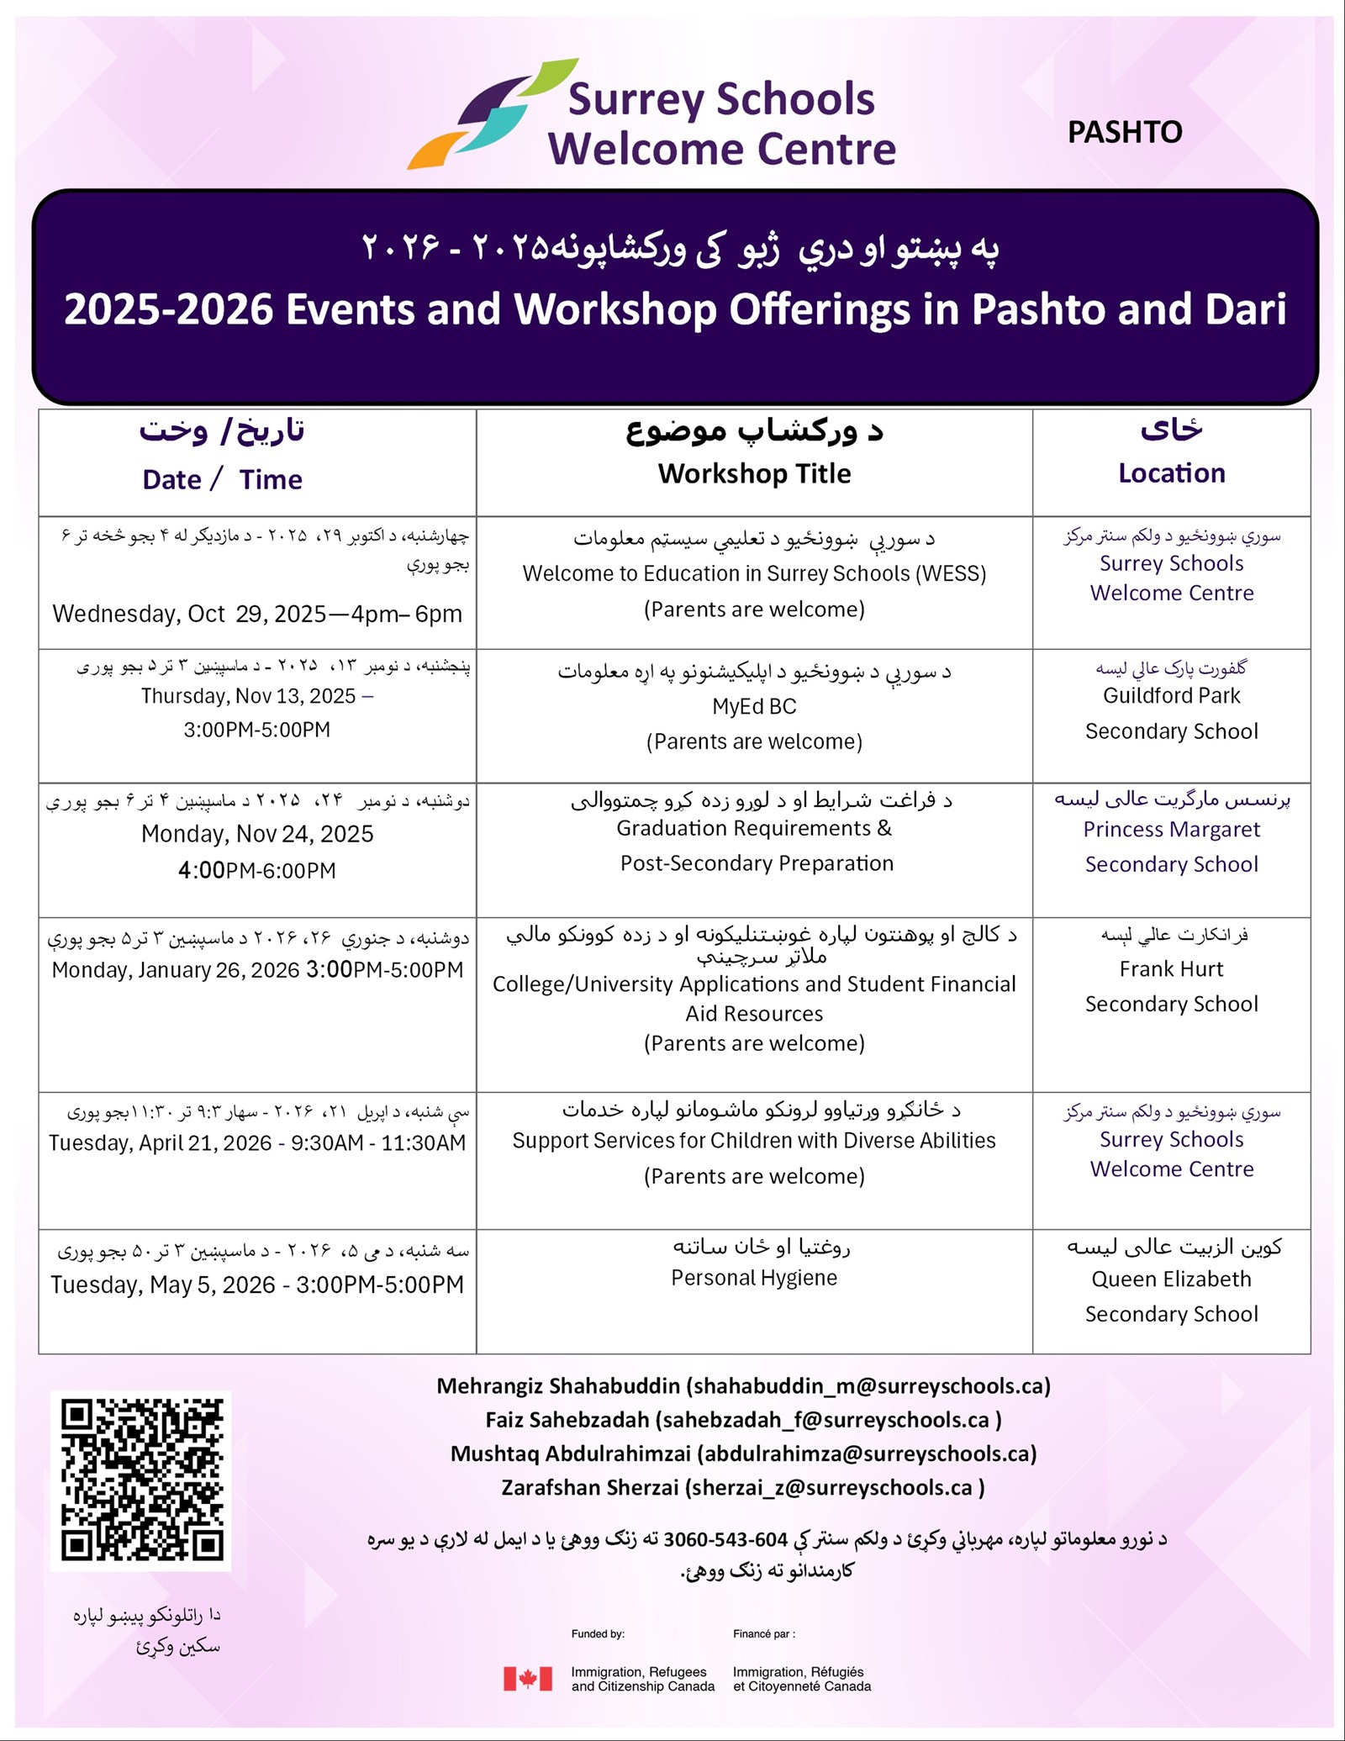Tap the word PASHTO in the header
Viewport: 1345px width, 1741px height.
tap(1124, 132)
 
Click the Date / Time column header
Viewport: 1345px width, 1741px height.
tap(222, 479)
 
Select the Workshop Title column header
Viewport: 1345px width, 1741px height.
tap(754, 474)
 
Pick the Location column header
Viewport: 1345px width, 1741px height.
tap(1171, 473)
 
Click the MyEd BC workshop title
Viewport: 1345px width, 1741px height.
tap(754, 706)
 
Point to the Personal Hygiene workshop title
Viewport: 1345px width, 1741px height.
tap(754, 1278)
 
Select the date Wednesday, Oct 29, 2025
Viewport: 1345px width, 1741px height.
tap(256, 614)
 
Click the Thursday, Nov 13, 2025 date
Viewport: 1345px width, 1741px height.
tap(249, 696)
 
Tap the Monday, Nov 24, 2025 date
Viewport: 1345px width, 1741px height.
tap(257, 834)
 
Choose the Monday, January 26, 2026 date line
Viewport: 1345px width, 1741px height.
tap(257, 970)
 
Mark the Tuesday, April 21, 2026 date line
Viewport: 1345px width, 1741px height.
tap(257, 1143)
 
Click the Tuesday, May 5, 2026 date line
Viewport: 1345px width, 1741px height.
tap(257, 1285)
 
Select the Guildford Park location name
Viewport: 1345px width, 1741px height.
tap(1171, 696)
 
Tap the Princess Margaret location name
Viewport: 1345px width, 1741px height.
tap(1171, 830)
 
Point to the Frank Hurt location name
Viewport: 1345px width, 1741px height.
tap(1171, 969)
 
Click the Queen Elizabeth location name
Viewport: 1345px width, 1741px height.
tap(1171, 1279)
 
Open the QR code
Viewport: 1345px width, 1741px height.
tap(141, 1479)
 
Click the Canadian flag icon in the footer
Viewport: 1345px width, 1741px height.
tap(528, 1678)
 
